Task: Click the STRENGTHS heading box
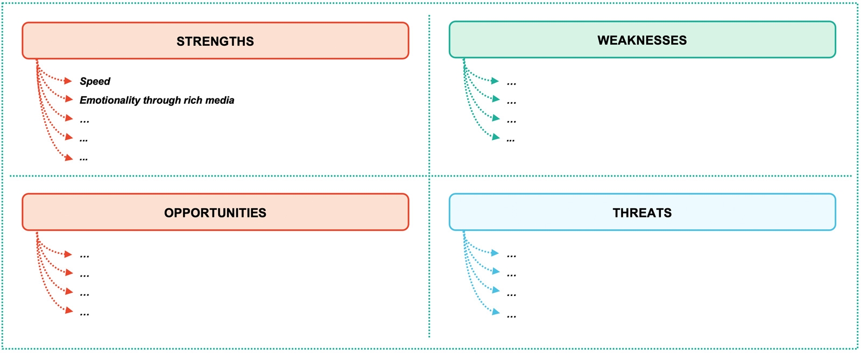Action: (x=215, y=41)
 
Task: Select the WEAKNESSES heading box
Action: (x=642, y=40)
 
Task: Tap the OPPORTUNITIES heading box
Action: (x=215, y=213)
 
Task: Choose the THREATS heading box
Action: (x=642, y=213)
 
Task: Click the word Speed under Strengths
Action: (x=95, y=81)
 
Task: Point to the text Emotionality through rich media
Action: (x=157, y=100)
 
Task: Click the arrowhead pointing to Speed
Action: (x=68, y=81)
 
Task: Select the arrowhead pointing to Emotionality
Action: (x=68, y=99)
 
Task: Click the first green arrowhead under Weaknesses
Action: (x=495, y=81)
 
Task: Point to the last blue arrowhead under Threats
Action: (x=496, y=312)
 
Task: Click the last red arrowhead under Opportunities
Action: (x=68, y=310)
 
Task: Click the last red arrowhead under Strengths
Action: (x=68, y=158)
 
